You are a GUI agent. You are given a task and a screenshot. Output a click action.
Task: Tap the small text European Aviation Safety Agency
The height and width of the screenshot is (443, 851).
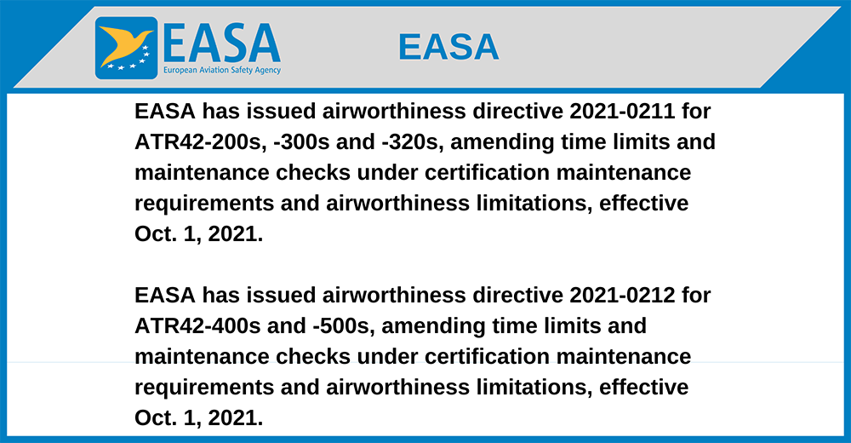(x=222, y=70)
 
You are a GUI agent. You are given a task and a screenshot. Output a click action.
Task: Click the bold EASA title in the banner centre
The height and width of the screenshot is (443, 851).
(x=448, y=47)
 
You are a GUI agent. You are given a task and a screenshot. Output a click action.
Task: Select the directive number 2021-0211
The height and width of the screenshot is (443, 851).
(x=622, y=112)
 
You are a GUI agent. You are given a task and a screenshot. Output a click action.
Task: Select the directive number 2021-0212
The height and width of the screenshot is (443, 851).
(x=622, y=296)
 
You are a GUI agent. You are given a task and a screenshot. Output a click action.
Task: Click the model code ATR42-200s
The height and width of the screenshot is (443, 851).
(x=200, y=142)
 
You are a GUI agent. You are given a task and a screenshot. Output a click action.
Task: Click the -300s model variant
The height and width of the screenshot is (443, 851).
(x=302, y=142)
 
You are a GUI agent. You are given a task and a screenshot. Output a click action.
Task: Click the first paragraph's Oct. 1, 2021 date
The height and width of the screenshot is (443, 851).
(x=198, y=234)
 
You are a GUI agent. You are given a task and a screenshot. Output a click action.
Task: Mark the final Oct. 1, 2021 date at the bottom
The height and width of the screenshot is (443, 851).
(x=198, y=418)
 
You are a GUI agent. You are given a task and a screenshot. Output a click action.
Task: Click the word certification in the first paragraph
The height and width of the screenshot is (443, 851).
(x=488, y=173)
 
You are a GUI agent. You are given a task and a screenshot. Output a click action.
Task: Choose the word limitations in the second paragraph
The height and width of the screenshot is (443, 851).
(x=534, y=388)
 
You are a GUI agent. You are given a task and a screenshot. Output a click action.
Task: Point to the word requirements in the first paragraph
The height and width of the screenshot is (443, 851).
(x=204, y=204)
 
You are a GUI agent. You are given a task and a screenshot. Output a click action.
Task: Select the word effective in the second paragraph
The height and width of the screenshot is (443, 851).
(x=643, y=388)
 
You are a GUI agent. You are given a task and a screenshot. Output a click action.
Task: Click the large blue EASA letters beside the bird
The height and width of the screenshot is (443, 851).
(x=222, y=43)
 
